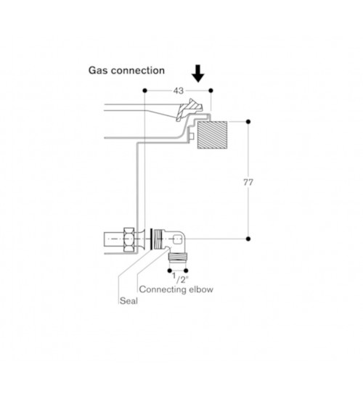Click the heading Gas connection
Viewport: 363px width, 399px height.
(x=126, y=70)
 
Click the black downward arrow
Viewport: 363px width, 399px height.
(x=198, y=74)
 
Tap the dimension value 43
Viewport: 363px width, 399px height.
(x=179, y=91)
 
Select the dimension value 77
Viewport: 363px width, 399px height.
(x=248, y=182)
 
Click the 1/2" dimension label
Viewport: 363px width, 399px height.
(x=180, y=278)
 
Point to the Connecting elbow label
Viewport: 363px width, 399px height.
(x=176, y=289)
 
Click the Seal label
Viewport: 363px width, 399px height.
(x=129, y=301)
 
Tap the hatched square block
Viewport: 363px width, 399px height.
(x=212, y=135)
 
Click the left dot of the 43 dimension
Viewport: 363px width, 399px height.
(x=145, y=91)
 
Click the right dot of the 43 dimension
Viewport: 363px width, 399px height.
(x=211, y=91)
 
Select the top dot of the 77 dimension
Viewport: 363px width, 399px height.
(x=248, y=122)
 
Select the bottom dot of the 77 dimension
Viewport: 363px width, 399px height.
(x=248, y=239)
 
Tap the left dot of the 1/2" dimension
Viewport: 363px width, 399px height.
(x=170, y=271)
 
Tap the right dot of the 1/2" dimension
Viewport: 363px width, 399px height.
(x=186, y=271)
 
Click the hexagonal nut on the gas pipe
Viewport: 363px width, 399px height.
(x=129, y=239)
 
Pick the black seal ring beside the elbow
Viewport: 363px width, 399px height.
(x=151, y=239)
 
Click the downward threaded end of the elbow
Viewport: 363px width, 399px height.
(x=178, y=256)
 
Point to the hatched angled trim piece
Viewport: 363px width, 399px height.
(x=189, y=110)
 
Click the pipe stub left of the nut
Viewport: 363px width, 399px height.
(x=114, y=239)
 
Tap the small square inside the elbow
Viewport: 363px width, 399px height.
(x=177, y=239)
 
